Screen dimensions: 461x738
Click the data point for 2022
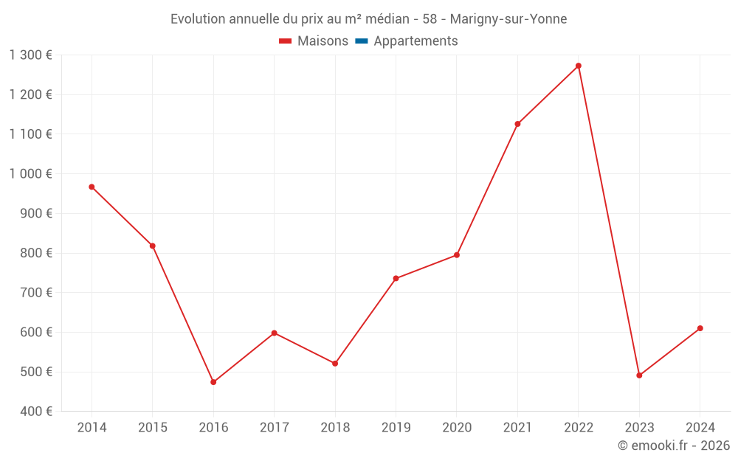[579, 66]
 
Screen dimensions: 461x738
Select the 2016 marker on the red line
[213, 382]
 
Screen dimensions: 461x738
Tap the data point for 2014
[92, 187]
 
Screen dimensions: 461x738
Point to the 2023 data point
[639, 375]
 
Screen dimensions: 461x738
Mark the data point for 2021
[517, 124]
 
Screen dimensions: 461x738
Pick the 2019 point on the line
[396, 278]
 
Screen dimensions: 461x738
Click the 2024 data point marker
[700, 328]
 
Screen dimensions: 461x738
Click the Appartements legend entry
[415, 41]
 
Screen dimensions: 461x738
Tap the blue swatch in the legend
[362, 41]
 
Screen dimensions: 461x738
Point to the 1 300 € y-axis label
[31, 55]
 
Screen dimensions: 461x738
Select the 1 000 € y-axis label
[31, 174]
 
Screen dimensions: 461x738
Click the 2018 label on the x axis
[335, 428]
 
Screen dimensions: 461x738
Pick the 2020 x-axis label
[457, 428]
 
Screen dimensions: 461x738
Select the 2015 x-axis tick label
[153, 428]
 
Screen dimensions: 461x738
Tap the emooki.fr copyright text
[674, 446]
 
